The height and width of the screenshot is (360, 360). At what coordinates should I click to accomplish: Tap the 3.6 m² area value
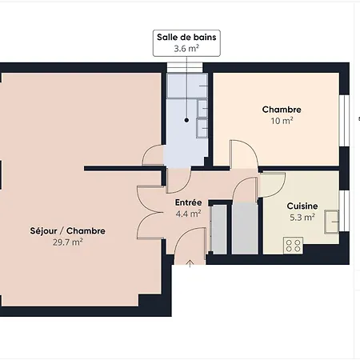tap(186, 49)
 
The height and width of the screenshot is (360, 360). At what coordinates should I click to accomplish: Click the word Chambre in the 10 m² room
tap(282, 110)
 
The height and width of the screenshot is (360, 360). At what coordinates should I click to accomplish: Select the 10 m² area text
tap(282, 121)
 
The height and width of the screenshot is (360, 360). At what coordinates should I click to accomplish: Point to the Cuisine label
tap(302, 206)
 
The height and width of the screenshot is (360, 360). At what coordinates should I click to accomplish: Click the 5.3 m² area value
tap(302, 218)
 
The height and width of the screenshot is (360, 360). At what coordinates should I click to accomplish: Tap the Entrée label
tap(188, 202)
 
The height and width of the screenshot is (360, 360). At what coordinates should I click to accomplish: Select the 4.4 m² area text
tap(188, 214)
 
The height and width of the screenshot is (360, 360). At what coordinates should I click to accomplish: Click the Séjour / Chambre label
tap(67, 230)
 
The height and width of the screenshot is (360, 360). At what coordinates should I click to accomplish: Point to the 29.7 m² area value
tap(67, 242)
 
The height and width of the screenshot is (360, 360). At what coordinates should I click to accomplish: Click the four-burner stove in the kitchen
tap(293, 246)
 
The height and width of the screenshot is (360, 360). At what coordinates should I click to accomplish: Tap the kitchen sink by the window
tap(331, 222)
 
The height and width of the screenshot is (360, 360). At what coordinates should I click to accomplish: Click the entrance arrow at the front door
tap(190, 263)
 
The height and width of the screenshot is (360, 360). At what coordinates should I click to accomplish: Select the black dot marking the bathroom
tap(186, 120)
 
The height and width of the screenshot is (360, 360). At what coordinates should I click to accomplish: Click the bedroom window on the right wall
tap(344, 121)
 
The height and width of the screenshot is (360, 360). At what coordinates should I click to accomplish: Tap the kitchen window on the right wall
tap(344, 211)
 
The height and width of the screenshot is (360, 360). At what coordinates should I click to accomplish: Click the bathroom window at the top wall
tap(185, 68)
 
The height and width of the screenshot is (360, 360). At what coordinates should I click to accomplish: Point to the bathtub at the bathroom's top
tap(187, 86)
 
